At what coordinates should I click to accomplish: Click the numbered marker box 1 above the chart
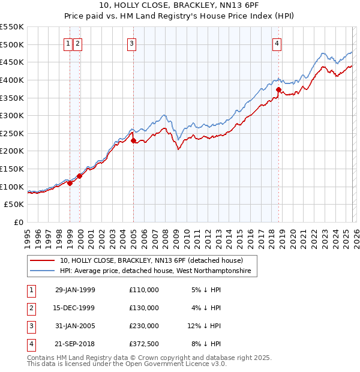[x=68, y=43]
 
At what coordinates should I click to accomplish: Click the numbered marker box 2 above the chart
[x=78, y=43]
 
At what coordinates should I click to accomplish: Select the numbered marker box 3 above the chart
[x=131, y=43]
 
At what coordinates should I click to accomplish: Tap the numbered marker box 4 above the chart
[x=277, y=43]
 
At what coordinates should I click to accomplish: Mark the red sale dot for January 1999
[x=70, y=183]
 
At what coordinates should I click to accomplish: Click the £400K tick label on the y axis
[x=12, y=80]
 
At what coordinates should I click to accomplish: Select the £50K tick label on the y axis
[x=14, y=205]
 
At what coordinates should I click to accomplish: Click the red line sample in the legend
[x=43, y=261]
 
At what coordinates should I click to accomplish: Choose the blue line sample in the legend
[x=43, y=272]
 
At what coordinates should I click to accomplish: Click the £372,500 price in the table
[x=144, y=344]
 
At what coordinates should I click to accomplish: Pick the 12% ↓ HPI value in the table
[x=204, y=326]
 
